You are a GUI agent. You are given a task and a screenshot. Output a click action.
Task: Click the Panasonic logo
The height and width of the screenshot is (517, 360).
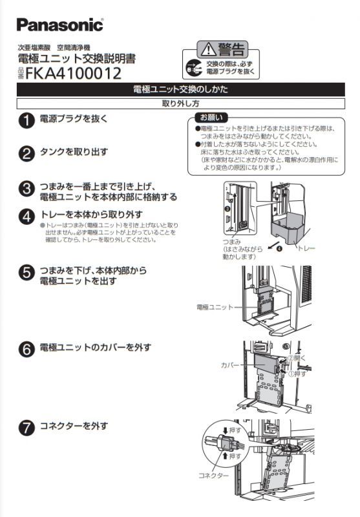(x=59, y=25)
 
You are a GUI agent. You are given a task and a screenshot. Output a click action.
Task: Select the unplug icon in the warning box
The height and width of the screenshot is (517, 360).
(x=193, y=67)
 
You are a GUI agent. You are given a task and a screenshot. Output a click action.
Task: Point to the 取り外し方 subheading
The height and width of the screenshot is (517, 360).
(x=180, y=103)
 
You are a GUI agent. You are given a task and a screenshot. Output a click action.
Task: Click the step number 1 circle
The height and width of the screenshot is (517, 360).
(x=26, y=120)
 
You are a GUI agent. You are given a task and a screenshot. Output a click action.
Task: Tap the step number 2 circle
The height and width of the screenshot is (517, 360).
(x=26, y=154)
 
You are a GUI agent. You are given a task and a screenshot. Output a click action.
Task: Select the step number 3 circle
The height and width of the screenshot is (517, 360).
(x=26, y=188)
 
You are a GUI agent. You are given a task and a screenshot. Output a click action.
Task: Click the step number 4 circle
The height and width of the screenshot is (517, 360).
(x=26, y=216)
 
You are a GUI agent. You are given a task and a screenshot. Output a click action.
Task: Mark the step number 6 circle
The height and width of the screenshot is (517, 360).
(x=26, y=349)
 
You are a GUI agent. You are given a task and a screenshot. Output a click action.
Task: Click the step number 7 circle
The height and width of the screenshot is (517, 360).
(x=26, y=428)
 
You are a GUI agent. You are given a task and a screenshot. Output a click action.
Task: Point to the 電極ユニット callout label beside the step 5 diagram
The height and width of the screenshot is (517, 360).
(x=214, y=307)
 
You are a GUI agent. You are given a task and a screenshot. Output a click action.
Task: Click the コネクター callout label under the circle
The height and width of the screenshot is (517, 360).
(x=213, y=475)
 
